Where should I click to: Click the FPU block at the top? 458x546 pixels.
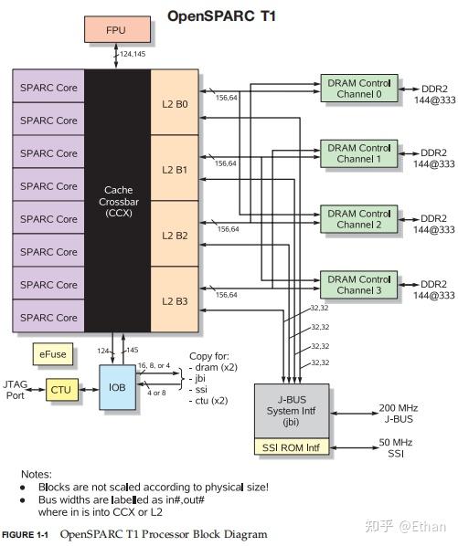(x=115, y=30)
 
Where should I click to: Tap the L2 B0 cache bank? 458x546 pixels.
(x=175, y=104)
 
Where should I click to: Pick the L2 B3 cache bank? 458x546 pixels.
(x=175, y=300)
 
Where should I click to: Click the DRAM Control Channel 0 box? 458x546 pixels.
(x=360, y=89)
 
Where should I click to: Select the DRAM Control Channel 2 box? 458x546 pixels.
(x=360, y=219)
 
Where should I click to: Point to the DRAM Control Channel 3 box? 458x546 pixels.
(x=360, y=285)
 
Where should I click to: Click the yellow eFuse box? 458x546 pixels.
(x=51, y=352)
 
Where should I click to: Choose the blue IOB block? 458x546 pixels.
(x=117, y=387)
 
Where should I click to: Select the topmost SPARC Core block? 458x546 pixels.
(x=48, y=87)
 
